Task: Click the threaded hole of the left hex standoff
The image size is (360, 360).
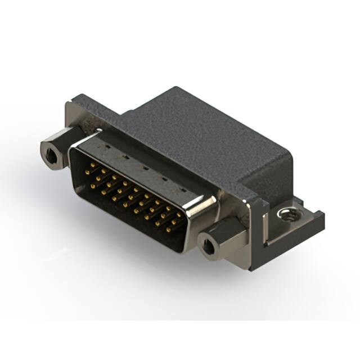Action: (52, 153)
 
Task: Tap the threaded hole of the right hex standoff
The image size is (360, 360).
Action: (209, 245)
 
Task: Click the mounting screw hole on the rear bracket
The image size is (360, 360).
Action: (288, 214)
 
